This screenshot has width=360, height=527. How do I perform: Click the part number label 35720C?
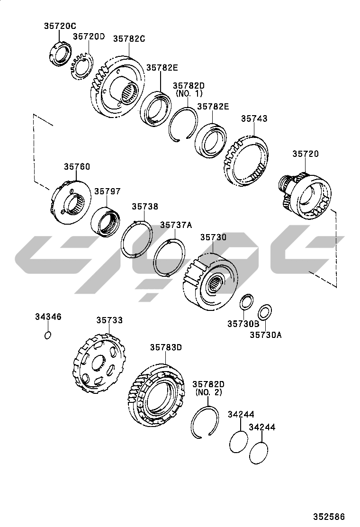(x=60, y=26)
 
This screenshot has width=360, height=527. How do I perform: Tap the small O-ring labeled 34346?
(x=48, y=335)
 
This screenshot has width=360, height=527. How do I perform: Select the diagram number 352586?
(x=329, y=516)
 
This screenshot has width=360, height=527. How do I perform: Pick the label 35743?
(x=254, y=118)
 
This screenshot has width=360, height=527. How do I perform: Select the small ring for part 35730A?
(x=265, y=312)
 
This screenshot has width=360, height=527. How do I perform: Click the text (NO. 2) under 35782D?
(x=208, y=392)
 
